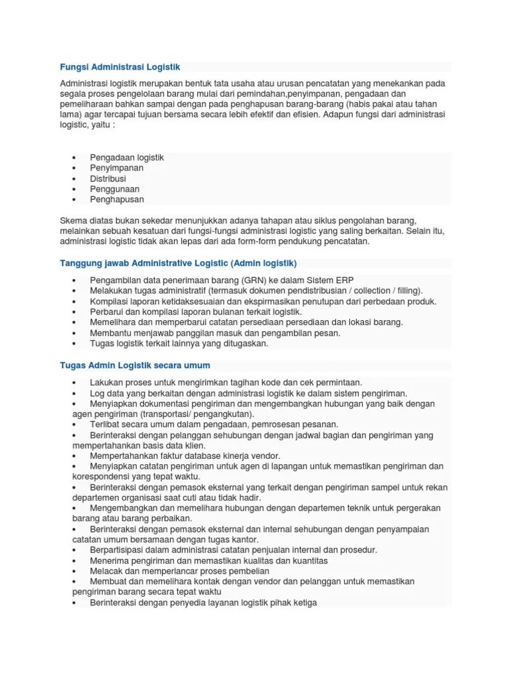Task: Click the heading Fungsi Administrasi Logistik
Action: [x=120, y=67]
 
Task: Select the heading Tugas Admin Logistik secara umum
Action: [x=135, y=365]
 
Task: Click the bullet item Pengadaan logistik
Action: [x=127, y=158]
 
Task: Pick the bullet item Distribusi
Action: [x=108, y=179]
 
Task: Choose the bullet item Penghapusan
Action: [x=117, y=200]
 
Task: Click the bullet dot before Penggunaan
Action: [x=74, y=190]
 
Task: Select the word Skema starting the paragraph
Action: [x=74, y=220]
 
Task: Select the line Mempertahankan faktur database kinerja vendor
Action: [x=185, y=456]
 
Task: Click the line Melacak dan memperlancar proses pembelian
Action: [x=180, y=571]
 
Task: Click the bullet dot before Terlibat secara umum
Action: [x=74, y=424]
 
